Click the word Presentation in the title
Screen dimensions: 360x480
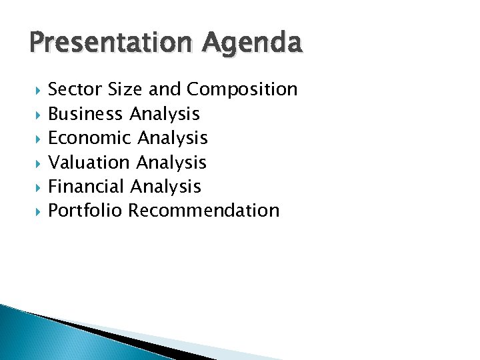pyautogui.click(x=107, y=43)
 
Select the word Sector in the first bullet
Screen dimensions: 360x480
pyautogui.click(x=74, y=89)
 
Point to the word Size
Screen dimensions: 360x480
pyautogui.click(x=123, y=89)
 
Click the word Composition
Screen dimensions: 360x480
pyautogui.click(x=243, y=89)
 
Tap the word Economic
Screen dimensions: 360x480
pyautogui.click(x=90, y=138)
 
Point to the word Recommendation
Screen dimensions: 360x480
pyautogui.click(x=204, y=211)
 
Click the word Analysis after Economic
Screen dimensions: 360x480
pyautogui.click(x=173, y=138)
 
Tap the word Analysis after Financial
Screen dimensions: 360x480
pyautogui.click(x=166, y=186)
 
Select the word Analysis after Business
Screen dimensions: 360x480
pyautogui.click(x=165, y=114)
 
